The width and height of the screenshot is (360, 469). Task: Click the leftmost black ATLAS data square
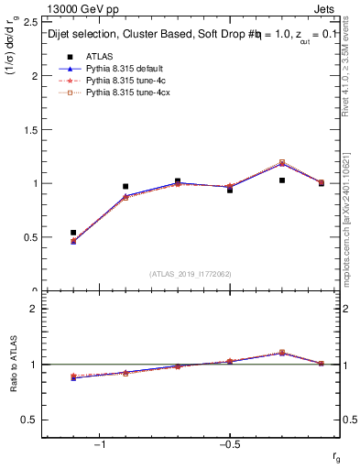[73, 233]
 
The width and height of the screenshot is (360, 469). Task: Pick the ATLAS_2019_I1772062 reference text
[191, 273]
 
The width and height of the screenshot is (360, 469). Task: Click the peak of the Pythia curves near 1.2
[282, 163]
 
